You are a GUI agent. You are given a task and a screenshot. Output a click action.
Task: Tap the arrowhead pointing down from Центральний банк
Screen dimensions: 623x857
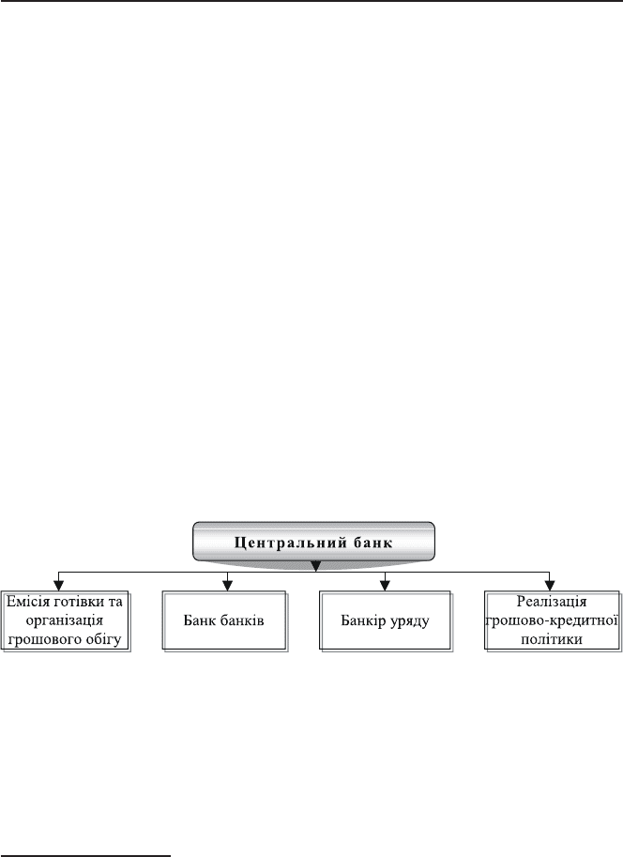pyautogui.click(x=315, y=566)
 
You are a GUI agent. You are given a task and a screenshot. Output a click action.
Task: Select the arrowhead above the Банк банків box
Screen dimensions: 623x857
pyautogui.click(x=228, y=586)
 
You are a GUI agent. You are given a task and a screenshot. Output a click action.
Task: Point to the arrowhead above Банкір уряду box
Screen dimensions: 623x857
pyautogui.click(x=385, y=586)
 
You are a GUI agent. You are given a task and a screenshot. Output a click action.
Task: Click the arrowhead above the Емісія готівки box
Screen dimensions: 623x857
pyautogui.click(x=59, y=586)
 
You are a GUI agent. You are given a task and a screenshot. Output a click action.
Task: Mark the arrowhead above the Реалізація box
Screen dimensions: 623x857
pyautogui.click(x=551, y=586)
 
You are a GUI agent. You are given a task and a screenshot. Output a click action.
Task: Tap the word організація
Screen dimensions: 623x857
pyautogui.click(x=65, y=620)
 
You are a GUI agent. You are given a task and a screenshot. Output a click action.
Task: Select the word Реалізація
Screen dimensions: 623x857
pyautogui.click(x=552, y=601)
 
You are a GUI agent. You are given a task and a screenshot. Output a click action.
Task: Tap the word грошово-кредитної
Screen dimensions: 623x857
pyautogui.click(x=552, y=620)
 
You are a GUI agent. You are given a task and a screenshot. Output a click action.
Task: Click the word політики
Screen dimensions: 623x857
pyautogui.click(x=552, y=639)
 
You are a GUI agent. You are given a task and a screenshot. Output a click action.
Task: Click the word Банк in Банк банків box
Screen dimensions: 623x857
pyautogui.click(x=197, y=620)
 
